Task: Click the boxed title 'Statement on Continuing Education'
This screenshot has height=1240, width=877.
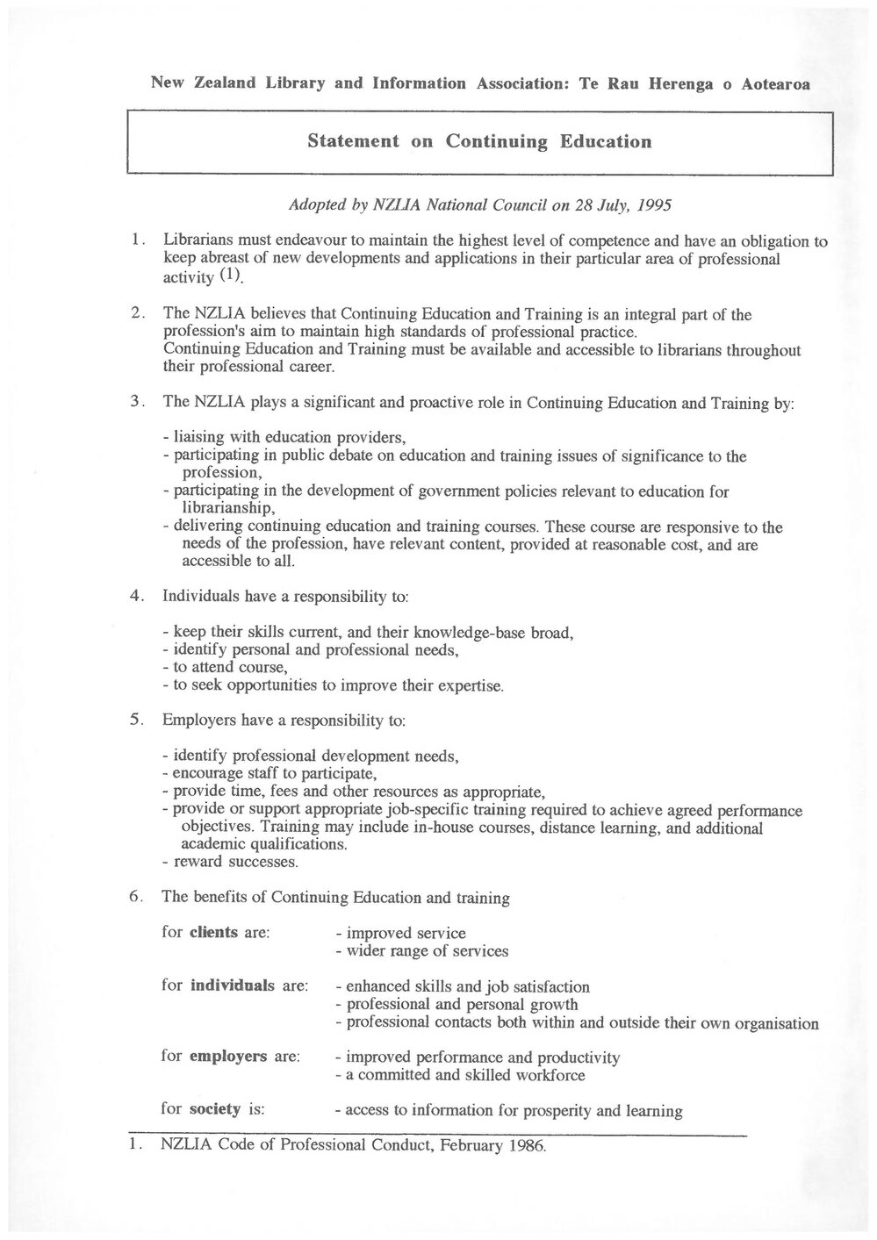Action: point(479,141)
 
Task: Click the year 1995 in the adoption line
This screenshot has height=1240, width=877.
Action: point(655,207)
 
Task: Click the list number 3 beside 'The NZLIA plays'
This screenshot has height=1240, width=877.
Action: point(136,402)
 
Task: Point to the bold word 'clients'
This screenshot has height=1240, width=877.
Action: point(213,932)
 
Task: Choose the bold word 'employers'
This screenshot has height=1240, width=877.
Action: point(227,1056)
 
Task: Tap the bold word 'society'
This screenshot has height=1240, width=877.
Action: point(214,1108)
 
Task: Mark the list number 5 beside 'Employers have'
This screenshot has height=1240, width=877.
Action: point(136,720)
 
